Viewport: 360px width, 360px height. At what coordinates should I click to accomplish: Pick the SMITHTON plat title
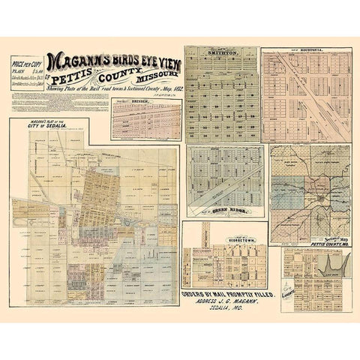(222, 55)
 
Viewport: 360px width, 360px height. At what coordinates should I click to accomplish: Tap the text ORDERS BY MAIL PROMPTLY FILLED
(229, 295)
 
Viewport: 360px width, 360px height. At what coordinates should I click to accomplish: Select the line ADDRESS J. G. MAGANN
(229, 304)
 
